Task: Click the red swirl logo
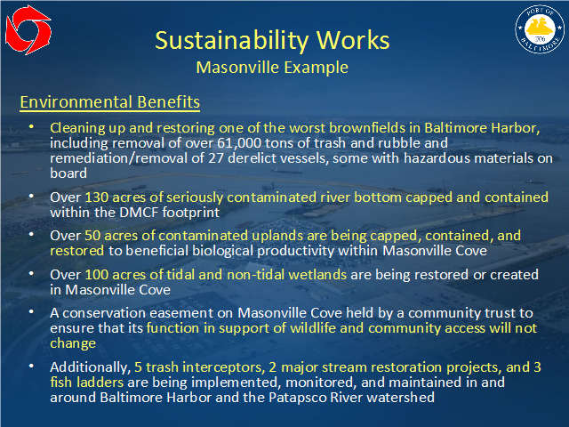pos(28,30)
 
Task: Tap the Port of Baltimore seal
pos(540,29)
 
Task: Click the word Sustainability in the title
pos(231,41)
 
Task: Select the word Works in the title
pos(354,40)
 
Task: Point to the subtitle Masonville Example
pos(272,68)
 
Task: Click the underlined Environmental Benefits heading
pos(110,102)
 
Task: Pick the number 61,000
pos(239,143)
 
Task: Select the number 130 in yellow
pos(97,197)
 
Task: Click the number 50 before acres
pos(92,236)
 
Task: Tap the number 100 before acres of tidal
pos(97,275)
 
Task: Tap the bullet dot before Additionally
pos(32,366)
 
